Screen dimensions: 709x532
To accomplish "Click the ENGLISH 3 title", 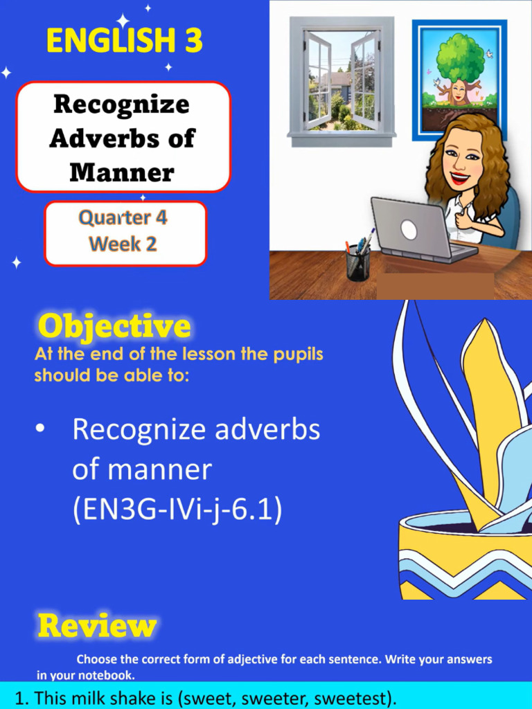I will click(x=125, y=41).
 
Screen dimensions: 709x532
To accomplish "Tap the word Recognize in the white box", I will click(x=121, y=105).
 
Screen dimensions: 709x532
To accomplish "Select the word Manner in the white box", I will click(x=121, y=171).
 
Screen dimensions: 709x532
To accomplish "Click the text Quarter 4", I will click(x=123, y=217).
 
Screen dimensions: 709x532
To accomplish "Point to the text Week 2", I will click(x=123, y=244).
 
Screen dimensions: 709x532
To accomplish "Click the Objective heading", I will click(x=114, y=326).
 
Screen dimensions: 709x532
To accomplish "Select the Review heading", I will click(x=97, y=626).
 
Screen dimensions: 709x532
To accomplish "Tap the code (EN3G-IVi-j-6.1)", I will click(x=177, y=510).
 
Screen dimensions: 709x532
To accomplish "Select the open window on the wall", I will click(x=342, y=81).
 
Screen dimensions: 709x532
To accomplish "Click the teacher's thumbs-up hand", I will click(x=463, y=219).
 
